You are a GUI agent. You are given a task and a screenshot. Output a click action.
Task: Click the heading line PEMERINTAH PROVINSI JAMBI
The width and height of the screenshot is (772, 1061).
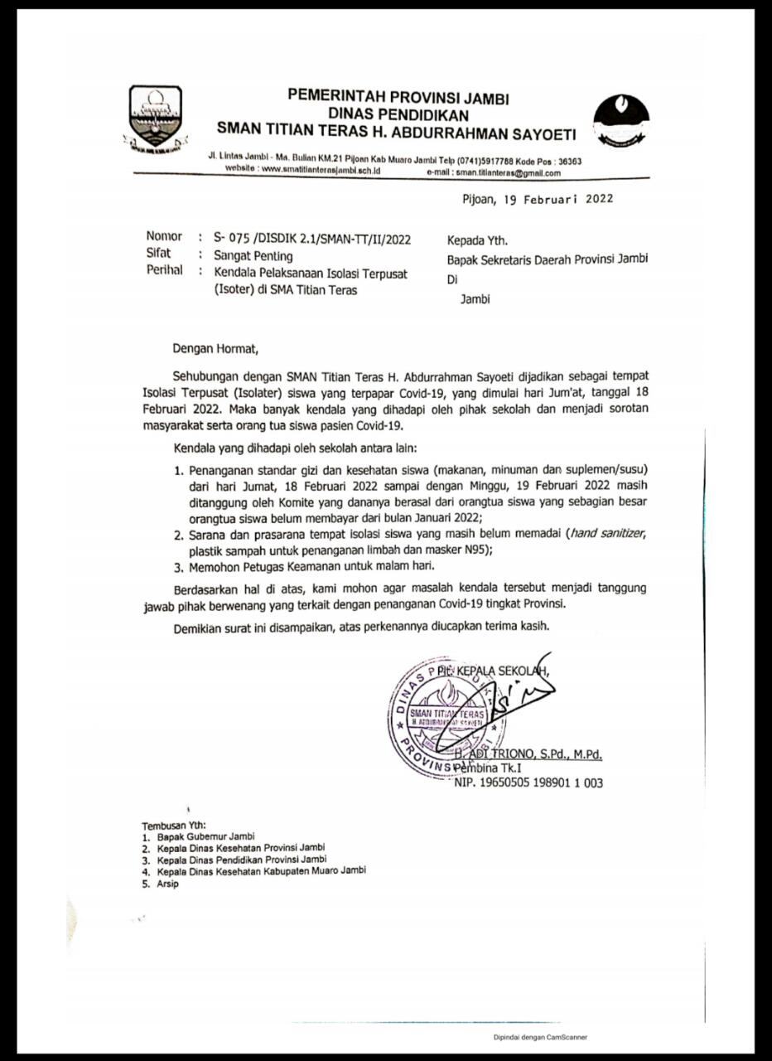click(x=398, y=97)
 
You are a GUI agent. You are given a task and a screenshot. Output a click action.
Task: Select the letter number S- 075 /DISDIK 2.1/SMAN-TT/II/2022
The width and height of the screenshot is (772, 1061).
click(x=311, y=240)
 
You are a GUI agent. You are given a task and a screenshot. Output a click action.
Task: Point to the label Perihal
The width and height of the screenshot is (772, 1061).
click(x=164, y=271)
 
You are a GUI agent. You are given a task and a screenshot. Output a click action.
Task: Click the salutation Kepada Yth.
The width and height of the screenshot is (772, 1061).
click(x=477, y=241)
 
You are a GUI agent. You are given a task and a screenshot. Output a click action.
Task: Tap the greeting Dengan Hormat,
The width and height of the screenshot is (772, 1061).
click(x=215, y=349)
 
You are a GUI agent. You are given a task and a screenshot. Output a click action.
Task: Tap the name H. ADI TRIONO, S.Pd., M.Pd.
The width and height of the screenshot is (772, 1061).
click(x=529, y=754)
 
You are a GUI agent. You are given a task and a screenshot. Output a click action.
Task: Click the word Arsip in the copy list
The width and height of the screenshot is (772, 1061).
click(x=167, y=884)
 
